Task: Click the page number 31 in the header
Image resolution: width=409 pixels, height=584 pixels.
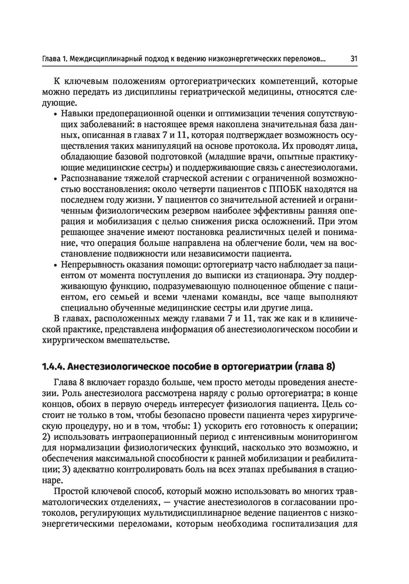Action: point(354,58)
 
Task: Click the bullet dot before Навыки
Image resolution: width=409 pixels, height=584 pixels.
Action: point(56,114)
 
